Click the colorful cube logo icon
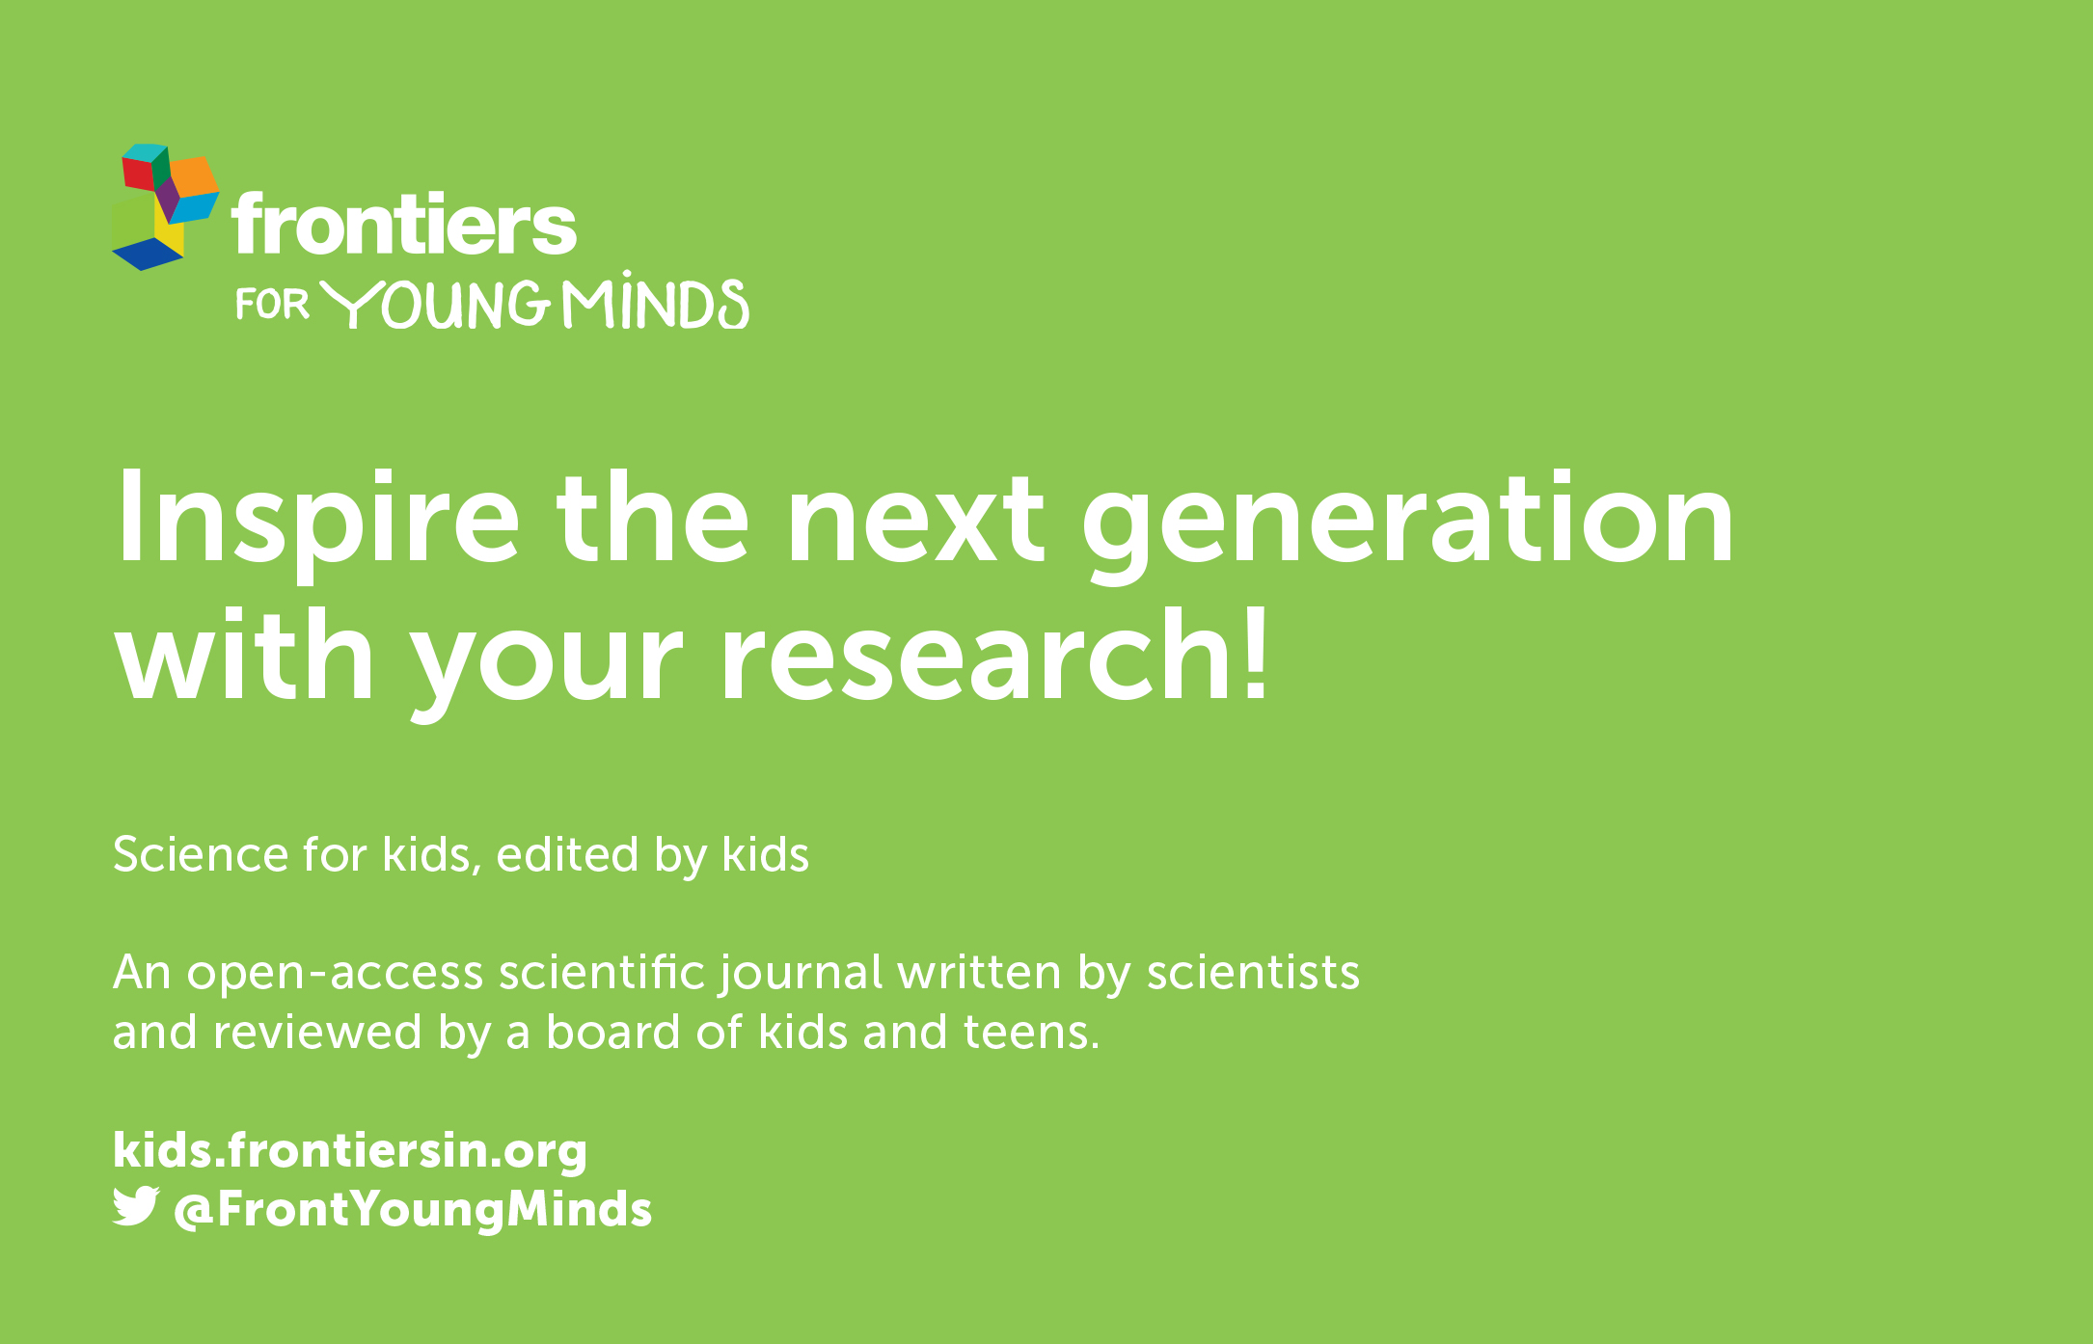tap(165, 207)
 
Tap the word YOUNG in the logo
tap(435, 305)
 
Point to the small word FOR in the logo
tap(272, 305)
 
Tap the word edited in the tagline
tap(567, 853)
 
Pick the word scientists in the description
tap(1253, 972)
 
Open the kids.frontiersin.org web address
tap(350, 1150)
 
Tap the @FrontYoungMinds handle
tap(413, 1210)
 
